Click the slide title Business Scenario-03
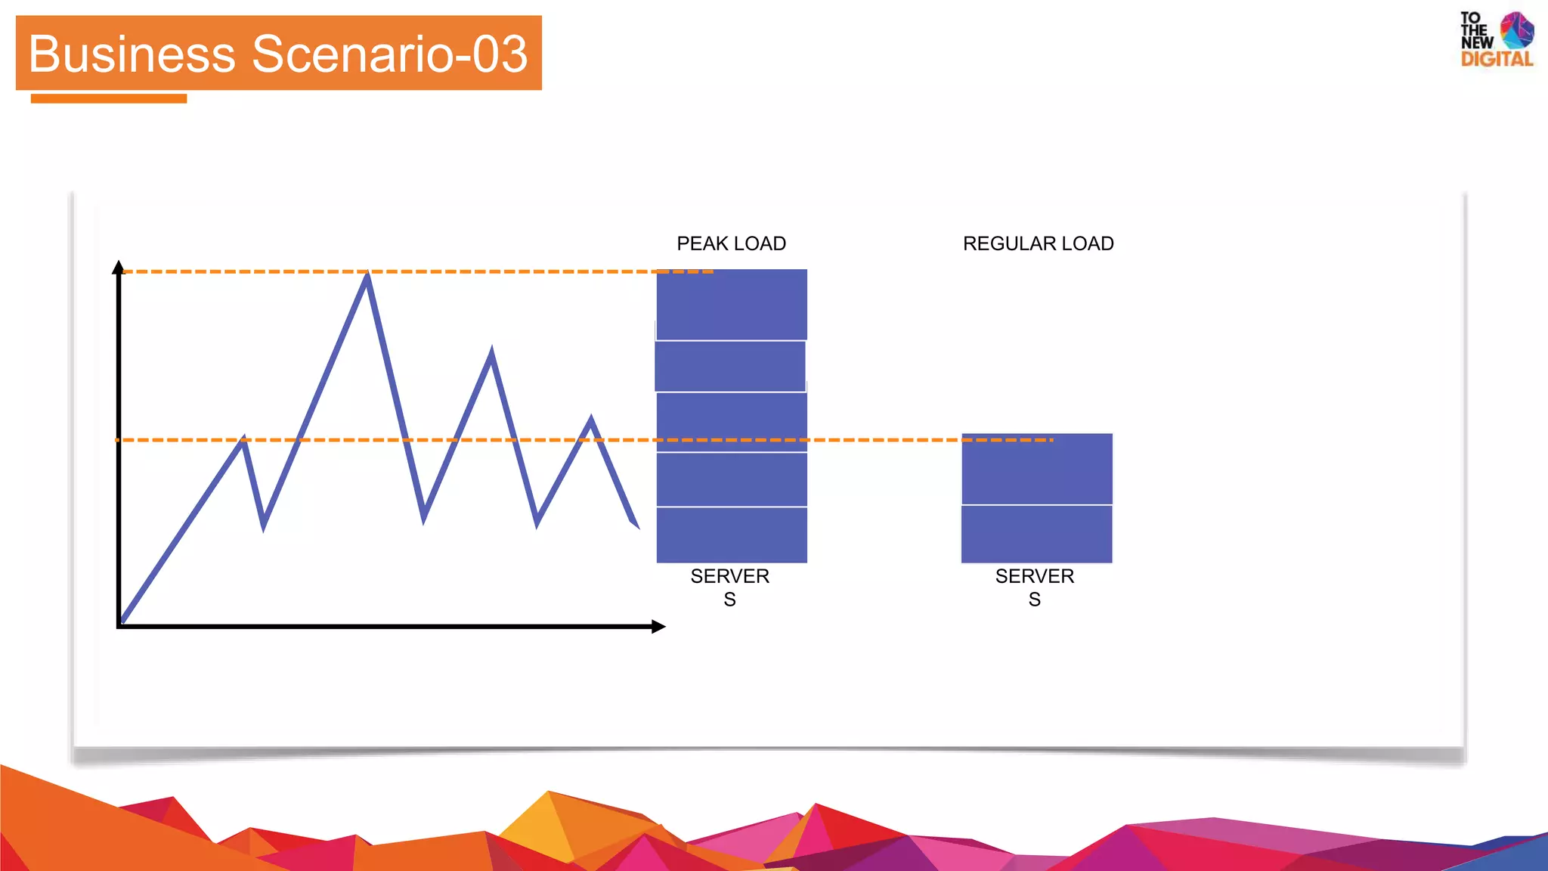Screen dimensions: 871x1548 (278, 54)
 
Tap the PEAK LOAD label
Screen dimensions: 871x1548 (731, 243)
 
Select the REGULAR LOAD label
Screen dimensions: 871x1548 (1038, 243)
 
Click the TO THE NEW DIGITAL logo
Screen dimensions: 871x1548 (1496, 39)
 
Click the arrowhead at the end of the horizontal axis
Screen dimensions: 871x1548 (658, 626)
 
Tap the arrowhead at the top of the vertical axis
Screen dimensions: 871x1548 (118, 267)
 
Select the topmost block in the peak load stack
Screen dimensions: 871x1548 (732, 304)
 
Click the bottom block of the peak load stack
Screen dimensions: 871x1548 (732, 535)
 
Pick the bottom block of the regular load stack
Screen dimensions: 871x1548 (1036, 534)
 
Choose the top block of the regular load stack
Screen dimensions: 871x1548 (1036, 469)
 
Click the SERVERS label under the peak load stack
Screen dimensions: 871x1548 (729, 587)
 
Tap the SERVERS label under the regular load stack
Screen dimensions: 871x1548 (1034, 587)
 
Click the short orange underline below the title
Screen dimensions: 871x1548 (109, 98)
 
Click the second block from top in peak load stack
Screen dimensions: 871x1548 (730, 366)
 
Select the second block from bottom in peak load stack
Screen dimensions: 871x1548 (732, 479)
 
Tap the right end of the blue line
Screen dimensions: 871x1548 (636, 525)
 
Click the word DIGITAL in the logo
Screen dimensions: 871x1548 (1497, 59)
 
